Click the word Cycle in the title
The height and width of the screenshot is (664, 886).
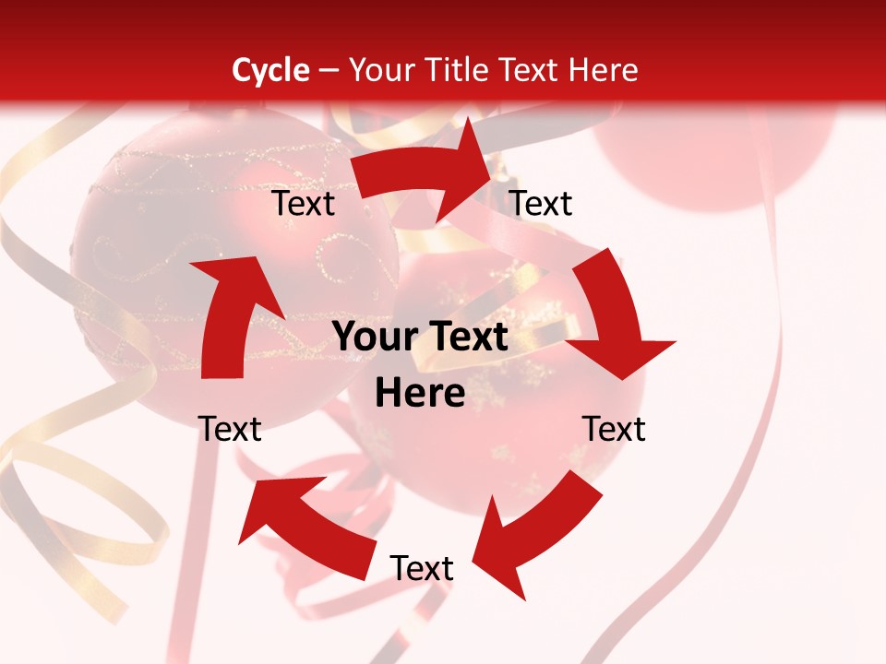pyautogui.click(x=270, y=70)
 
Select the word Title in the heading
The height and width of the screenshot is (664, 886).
pyautogui.click(x=459, y=70)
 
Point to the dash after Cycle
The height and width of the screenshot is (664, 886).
pyautogui.click(x=329, y=71)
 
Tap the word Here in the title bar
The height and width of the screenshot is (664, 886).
pyautogui.click(x=603, y=70)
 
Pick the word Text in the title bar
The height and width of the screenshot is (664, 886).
pyautogui.click(x=531, y=70)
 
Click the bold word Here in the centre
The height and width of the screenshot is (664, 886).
pyautogui.click(x=420, y=394)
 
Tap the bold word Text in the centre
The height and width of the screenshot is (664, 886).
pyautogui.click(x=464, y=338)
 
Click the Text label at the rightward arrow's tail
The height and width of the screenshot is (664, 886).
pyautogui.click(x=304, y=204)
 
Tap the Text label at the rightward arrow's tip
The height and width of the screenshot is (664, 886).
pyautogui.click(x=541, y=204)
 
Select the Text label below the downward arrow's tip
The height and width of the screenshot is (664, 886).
pyautogui.click(x=614, y=429)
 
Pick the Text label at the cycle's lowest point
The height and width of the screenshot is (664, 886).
pyautogui.click(x=422, y=568)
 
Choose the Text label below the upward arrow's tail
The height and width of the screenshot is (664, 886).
pyautogui.click(x=230, y=429)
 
